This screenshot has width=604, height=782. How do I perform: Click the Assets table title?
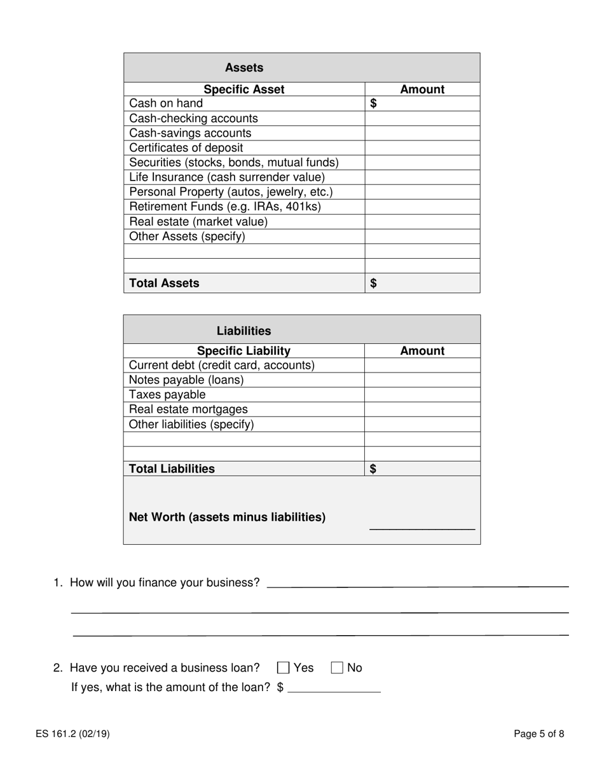(244, 67)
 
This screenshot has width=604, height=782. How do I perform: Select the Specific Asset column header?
(244, 90)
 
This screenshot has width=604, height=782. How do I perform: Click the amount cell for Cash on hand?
(422, 104)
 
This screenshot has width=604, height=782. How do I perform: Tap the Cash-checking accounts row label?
(193, 118)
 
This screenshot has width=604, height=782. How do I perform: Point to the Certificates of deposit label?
(186, 147)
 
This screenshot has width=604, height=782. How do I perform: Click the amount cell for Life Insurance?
(422, 177)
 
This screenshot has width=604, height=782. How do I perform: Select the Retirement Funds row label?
(225, 207)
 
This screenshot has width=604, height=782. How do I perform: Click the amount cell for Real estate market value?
(422, 222)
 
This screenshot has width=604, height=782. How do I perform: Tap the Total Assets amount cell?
(422, 284)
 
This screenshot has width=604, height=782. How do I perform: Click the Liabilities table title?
(244, 331)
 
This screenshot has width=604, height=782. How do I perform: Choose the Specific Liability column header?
(244, 351)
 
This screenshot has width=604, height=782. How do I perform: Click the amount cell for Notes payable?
(422, 380)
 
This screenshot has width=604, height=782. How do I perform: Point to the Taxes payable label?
(167, 395)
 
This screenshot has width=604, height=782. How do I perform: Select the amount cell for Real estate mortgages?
(422, 409)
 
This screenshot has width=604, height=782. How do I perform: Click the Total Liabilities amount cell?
(422, 469)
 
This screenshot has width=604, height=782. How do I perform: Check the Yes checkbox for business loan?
(284, 668)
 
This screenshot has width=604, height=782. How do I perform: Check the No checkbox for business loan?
(338, 668)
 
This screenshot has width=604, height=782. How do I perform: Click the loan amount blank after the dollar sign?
(334, 687)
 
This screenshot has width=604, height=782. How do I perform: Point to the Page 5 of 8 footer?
(539, 734)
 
